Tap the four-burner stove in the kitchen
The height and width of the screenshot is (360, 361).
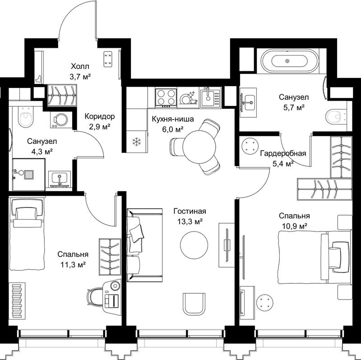click(166, 97)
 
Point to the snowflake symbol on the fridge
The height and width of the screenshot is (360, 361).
click(137, 141)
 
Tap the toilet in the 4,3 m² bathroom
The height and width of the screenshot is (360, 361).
click(26, 117)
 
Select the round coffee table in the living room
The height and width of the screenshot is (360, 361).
click(194, 245)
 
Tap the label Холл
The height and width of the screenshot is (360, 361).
click(80, 67)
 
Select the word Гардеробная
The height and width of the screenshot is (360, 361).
click(283, 153)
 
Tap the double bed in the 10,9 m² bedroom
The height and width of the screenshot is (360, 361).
click(315, 257)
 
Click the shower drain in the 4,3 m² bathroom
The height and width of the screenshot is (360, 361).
click(29, 175)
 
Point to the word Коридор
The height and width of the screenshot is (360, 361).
click(99, 116)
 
